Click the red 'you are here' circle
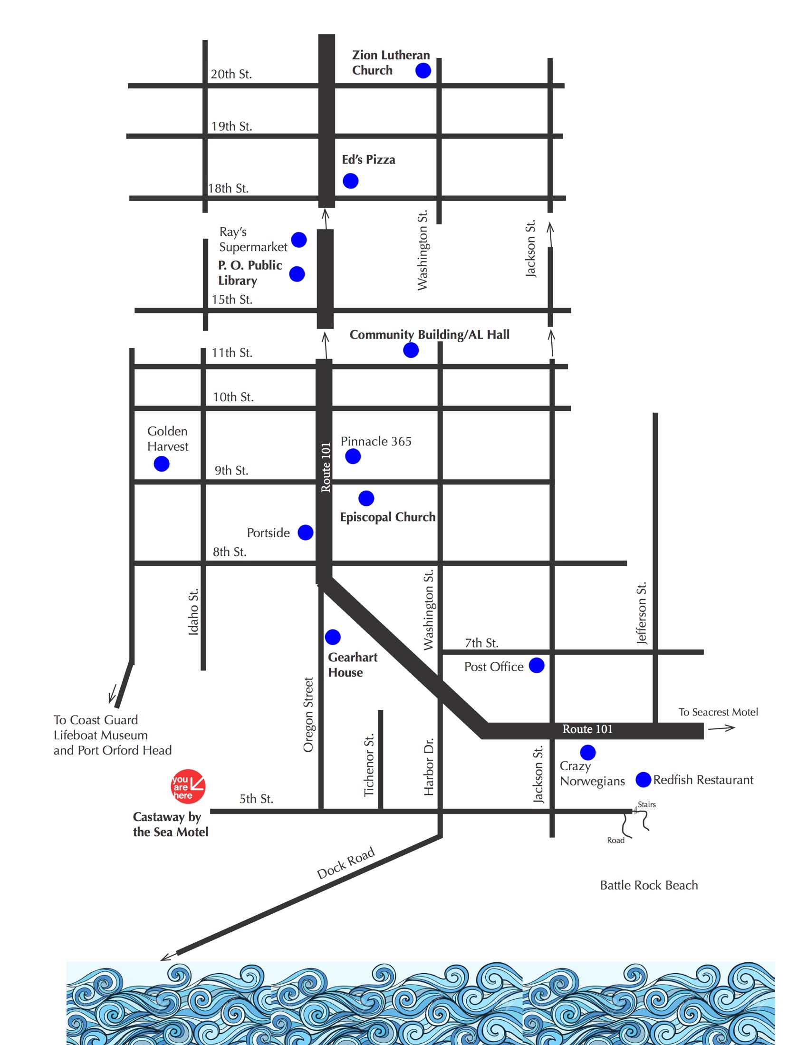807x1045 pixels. (x=188, y=786)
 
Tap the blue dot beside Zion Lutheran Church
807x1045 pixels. (x=423, y=71)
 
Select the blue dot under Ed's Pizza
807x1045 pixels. (x=351, y=181)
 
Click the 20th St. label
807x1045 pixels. (x=231, y=74)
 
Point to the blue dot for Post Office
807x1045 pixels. (x=537, y=665)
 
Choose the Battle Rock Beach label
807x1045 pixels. (x=649, y=885)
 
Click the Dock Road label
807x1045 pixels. (x=346, y=864)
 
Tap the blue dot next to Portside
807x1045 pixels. (x=306, y=532)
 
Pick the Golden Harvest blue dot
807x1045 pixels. (x=162, y=464)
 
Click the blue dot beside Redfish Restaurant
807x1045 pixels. (x=644, y=779)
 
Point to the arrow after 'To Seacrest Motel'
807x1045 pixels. (x=721, y=728)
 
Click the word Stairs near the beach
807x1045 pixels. (x=646, y=804)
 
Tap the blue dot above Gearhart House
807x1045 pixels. (x=333, y=637)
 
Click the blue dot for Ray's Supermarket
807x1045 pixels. (x=299, y=240)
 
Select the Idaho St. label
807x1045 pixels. (x=193, y=611)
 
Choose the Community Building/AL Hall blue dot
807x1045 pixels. (x=411, y=350)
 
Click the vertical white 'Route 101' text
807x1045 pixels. (x=326, y=467)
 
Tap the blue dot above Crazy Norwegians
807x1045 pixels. (x=588, y=752)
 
